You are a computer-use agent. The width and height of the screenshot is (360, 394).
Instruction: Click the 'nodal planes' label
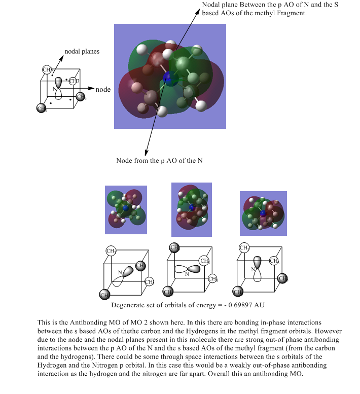click(82, 51)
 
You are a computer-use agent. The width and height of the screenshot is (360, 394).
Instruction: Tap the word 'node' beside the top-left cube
click(103, 90)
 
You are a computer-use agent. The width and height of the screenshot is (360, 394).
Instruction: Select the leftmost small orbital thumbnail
click(126, 209)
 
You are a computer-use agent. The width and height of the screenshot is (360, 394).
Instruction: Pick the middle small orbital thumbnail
click(191, 209)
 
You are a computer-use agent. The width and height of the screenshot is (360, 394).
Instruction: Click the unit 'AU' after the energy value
click(260, 306)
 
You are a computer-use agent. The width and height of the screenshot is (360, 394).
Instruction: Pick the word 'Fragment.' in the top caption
click(292, 13)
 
